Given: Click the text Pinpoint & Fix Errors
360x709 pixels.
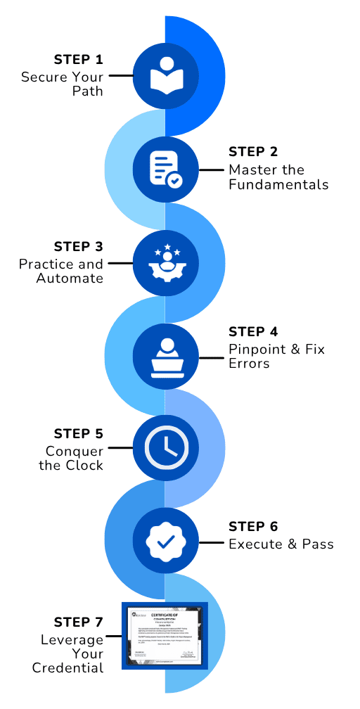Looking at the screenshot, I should (276, 357).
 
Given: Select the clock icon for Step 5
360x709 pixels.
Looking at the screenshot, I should (165, 448).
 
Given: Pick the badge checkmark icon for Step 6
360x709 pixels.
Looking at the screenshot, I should (165, 542).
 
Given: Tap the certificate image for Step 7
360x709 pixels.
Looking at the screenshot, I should (165, 635).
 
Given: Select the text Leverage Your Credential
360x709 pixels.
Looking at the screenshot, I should (68, 653).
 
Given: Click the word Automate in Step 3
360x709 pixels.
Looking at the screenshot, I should (70, 279).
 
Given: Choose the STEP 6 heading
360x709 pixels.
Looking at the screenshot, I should (254, 527).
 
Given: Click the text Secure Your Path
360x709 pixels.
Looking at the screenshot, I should (62, 84).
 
